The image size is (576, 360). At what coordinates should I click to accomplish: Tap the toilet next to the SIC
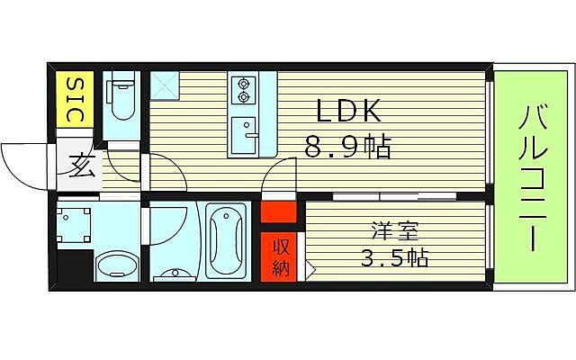pos(121,99)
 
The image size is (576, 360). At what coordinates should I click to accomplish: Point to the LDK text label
pos(348,112)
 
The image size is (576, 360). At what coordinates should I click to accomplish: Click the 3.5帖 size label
pos(393,259)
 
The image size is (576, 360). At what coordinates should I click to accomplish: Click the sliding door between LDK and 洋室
pos(392,195)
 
